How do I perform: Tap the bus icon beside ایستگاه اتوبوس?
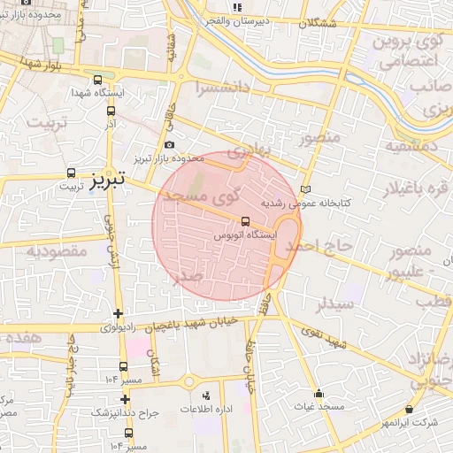pos(244,221)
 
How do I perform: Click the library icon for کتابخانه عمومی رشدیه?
pos(306,189)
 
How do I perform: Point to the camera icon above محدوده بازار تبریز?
pos(169,145)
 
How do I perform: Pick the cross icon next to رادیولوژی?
pos(119,313)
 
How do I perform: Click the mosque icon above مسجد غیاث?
pos(319,393)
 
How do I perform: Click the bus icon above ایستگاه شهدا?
pos(110,79)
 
